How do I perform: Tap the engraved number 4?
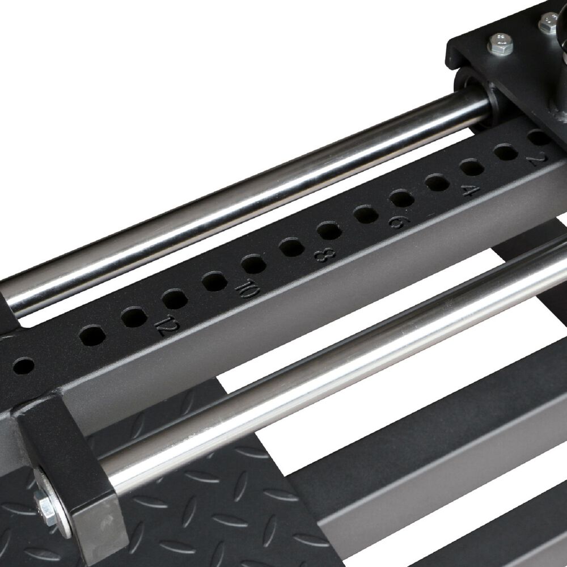[471, 190]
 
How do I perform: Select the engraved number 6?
[399, 222]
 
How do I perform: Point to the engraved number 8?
[324, 255]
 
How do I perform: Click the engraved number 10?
[247, 289]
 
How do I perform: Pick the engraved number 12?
[167, 324]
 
